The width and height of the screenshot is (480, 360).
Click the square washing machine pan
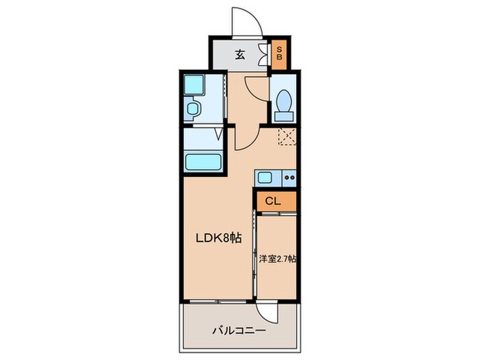coord(195,86)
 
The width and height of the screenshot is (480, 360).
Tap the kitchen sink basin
coord(265,178)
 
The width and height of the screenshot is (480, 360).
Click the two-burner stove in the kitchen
coord(288,178)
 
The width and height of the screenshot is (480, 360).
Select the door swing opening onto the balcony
coord(273,312)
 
